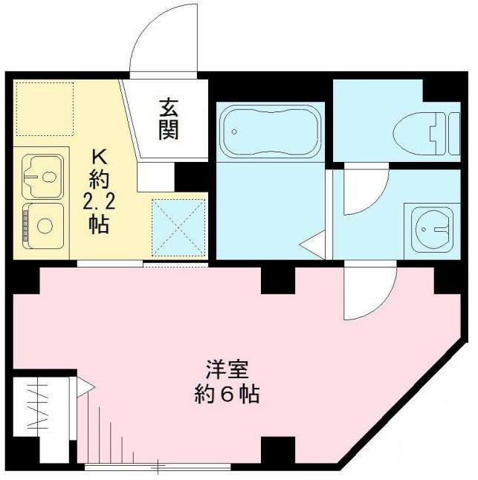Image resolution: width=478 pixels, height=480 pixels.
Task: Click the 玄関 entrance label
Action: (x=168, y=120)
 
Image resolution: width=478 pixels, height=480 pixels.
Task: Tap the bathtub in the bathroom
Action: (x=270, y=131)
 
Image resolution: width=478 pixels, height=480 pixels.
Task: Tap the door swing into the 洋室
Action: (x=368, y=293)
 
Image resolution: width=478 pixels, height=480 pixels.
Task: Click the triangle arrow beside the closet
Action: (x=83, y=386)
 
